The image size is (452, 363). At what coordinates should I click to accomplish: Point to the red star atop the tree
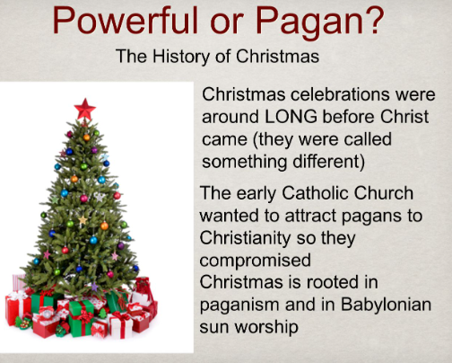85,109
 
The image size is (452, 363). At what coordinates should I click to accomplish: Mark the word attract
315,217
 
